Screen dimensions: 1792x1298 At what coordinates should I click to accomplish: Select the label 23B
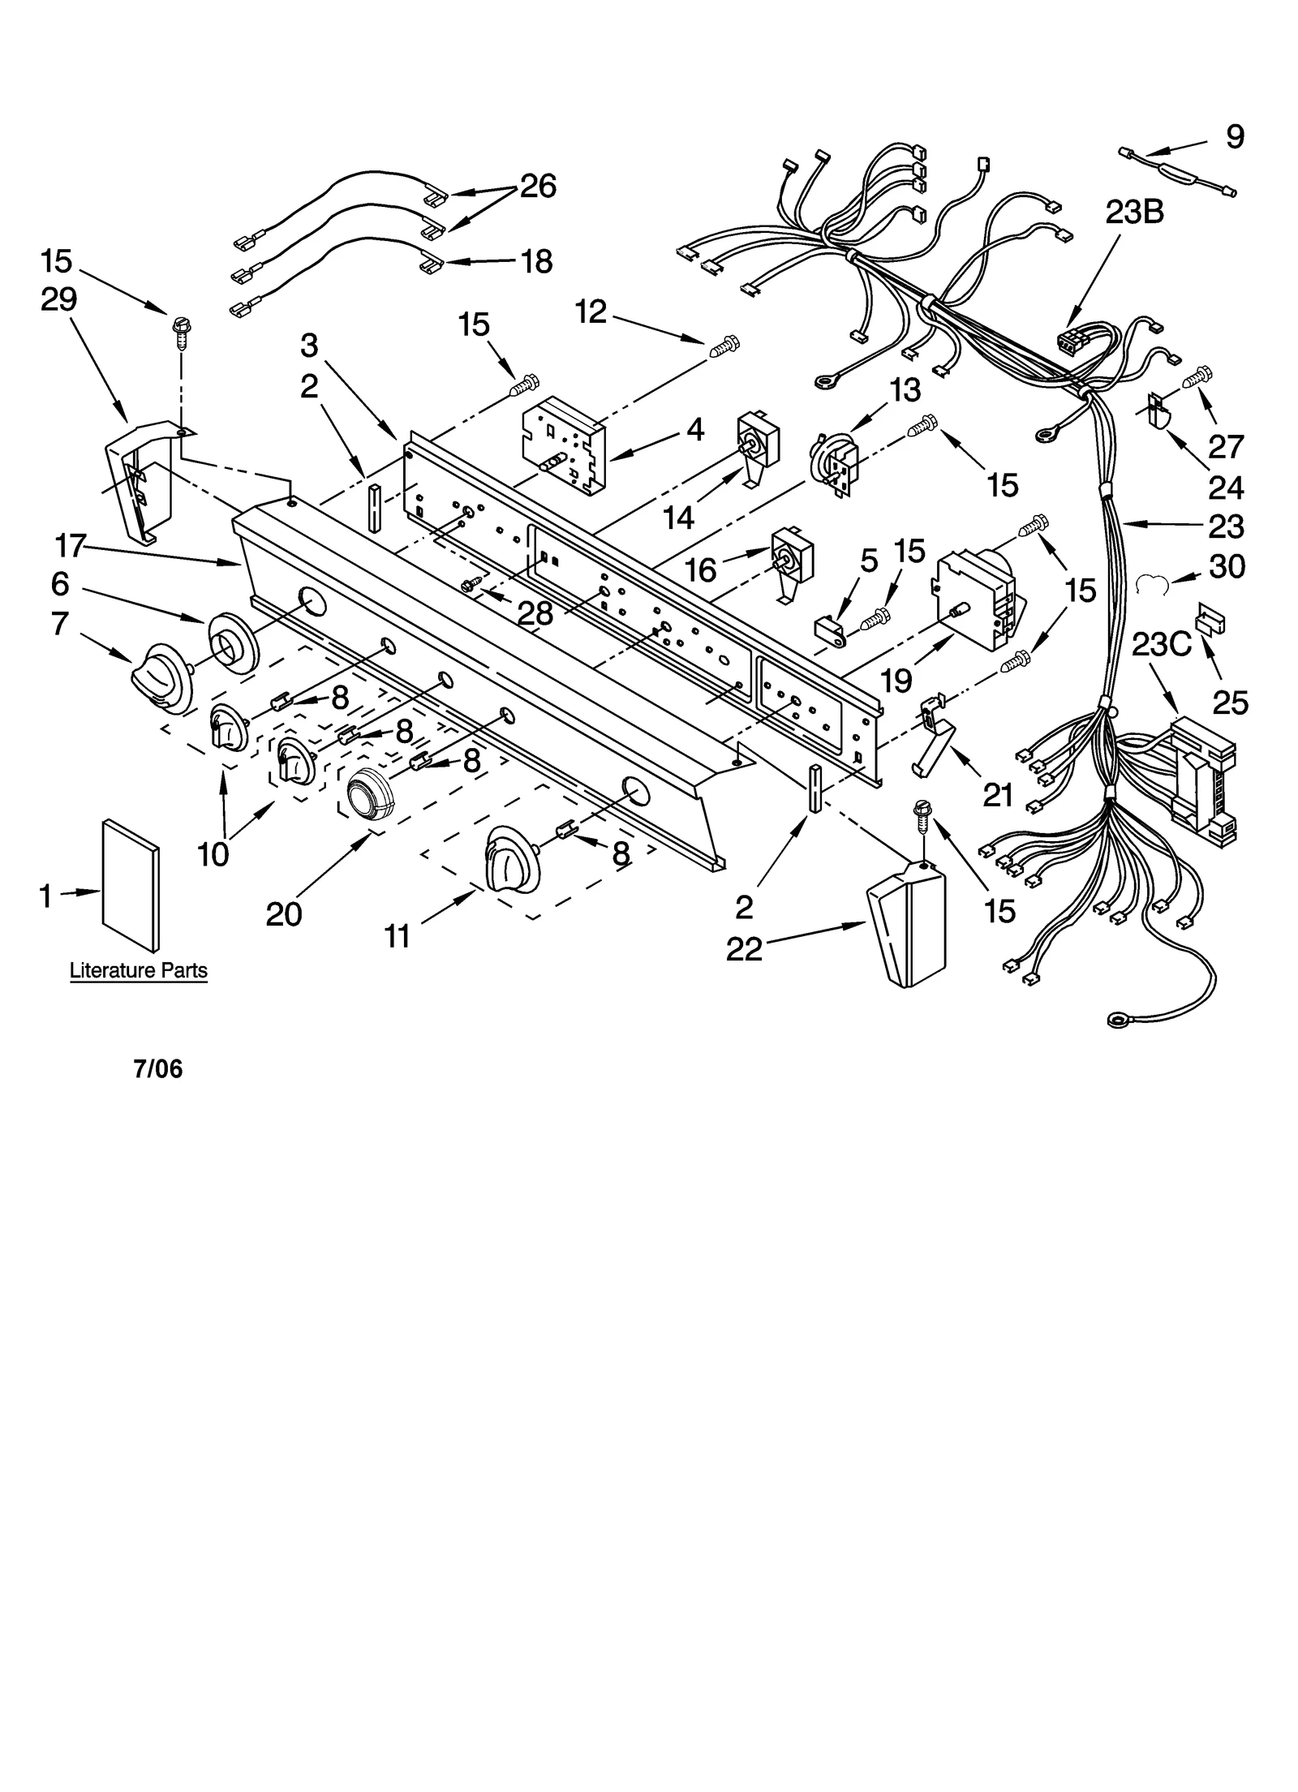click(x=1134, y=213)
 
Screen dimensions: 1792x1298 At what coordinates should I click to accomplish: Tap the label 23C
click(x=1161, y=645)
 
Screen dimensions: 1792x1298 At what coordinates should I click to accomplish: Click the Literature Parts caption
click(x=139, y=970)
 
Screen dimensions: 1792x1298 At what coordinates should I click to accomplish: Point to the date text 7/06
click(x=158, y=1069)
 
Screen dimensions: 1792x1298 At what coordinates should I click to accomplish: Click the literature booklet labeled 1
click(x=131, y=884)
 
